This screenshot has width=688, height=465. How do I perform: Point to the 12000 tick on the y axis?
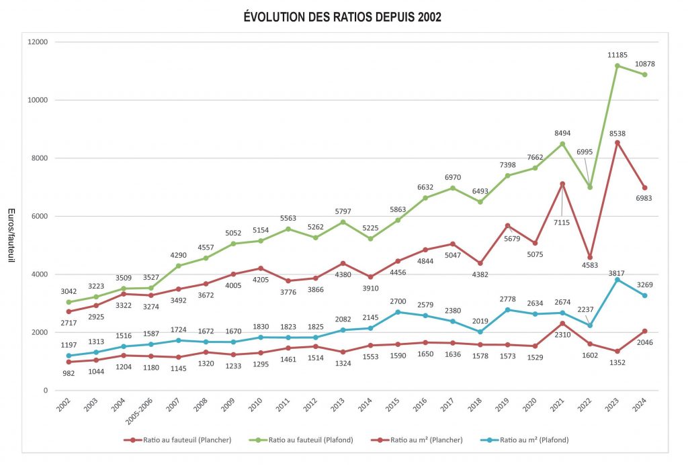click(x=38, y=42)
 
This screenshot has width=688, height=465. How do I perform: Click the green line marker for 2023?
click(x=617, y=66)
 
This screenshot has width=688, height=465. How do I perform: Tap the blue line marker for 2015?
click(x=398, y=312)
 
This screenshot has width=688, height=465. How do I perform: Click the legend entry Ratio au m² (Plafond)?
click(x=529, y=440)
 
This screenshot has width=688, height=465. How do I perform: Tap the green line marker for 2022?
click(x=590, y=187)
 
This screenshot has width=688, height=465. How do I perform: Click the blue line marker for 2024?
click(x=645, y=296)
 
